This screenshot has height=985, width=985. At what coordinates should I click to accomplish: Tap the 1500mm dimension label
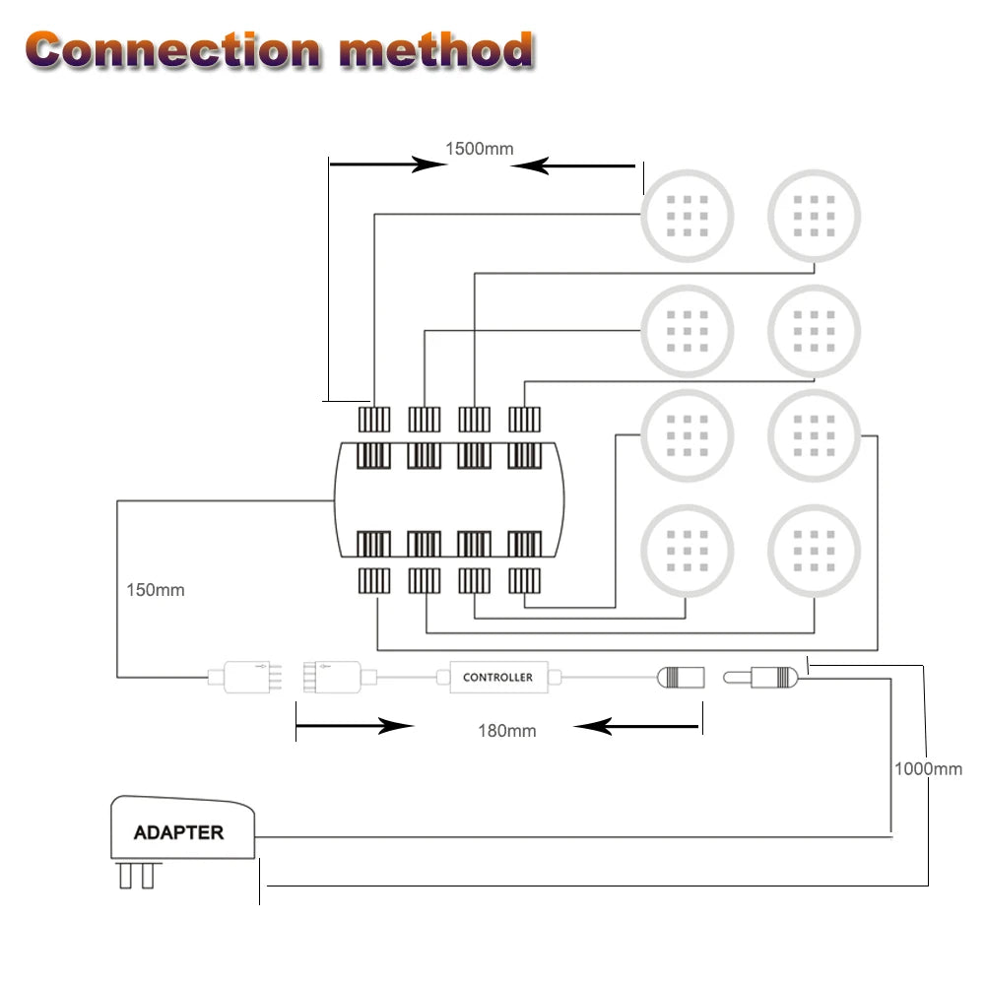pyautogui.click(x=479, y=149)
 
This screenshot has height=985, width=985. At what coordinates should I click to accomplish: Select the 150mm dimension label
pyautogui.click(x=156, y=590)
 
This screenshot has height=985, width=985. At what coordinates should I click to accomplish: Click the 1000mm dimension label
pyautogui.click(x=928, y=768)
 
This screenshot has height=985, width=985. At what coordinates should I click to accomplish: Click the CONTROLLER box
pyautogui.click(x=498, y=678)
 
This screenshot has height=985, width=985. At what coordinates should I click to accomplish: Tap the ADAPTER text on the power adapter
pyautogui.click(x=178, y=832)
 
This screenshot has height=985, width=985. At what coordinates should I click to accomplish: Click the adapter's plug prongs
pyautogui.click(x=137, y=875)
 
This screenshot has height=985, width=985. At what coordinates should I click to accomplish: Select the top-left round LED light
pyautogui.click(x=688, y=214)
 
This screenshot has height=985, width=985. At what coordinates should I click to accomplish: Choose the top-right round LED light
pyautogui.click(x=814, y=214)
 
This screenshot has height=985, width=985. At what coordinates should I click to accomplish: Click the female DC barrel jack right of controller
pyautogui.click(x=681, y=678)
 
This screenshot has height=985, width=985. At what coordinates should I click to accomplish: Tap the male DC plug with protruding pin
pyautogui.click(x=763, y=678)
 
